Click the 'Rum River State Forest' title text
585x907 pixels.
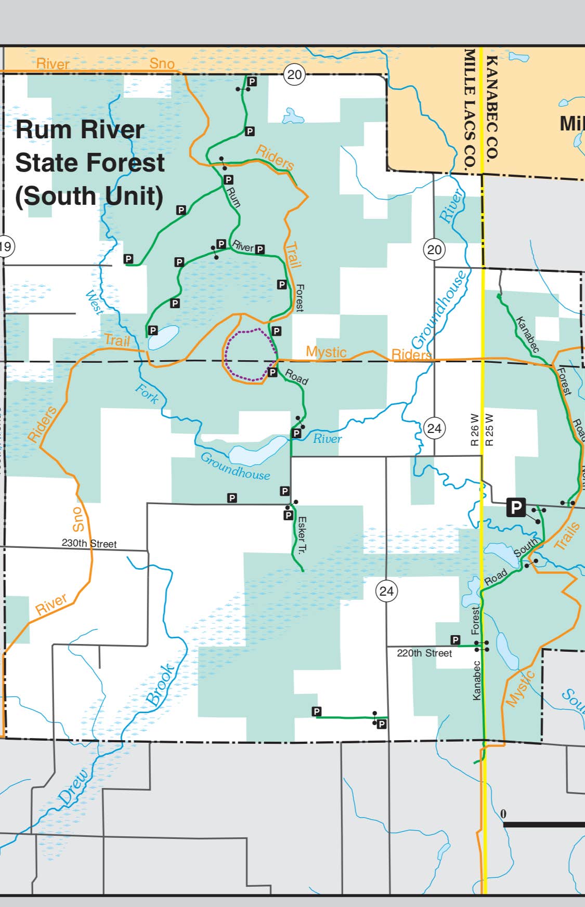click(x=89, y=162)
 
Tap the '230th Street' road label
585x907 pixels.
click(x=89, y=543)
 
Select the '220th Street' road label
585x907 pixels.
click(x=424, y=653)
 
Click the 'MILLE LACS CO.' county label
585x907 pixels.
click(x=470, y=108)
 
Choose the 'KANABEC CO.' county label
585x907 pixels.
click(x=492, y=108)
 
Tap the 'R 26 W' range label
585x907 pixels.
click(x=474, y=429)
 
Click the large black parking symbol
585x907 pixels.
click(x=516, y=507)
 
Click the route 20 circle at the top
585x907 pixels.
click(x=294, y=75)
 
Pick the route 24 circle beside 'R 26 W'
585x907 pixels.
click(x=434, y=428)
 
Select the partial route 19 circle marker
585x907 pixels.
click(x=5, y=246)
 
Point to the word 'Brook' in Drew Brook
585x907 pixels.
click(x=161, y=685)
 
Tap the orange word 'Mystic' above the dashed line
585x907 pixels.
click(x=326, y=352)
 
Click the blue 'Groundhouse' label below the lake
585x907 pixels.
click(x=235, y=466)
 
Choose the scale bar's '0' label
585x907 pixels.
click(x=503, y=813)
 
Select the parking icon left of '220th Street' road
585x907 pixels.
click(x=456, y=640)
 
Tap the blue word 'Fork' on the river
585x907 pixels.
click(x=147, y=393)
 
